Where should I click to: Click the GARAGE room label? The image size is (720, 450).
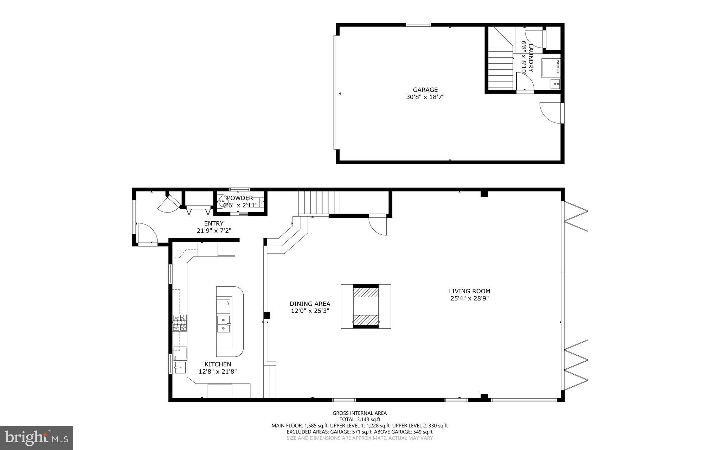coord(425,90)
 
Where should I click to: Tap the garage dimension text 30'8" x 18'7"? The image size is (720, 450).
coord(425,97)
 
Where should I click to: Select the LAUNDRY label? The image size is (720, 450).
coord(531,58)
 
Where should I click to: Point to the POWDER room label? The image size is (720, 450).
coord(240,198)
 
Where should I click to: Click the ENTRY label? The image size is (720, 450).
coord(214,223)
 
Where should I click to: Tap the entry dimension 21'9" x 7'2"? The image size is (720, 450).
coord(214,231)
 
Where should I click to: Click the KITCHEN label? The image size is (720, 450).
coord(218,364)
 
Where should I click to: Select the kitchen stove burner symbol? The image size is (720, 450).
coord(180,323)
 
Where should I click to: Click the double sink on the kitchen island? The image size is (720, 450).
coord(224,324)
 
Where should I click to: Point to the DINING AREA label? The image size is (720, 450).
coord(310,304)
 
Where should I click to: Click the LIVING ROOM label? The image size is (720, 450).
coord(469,291)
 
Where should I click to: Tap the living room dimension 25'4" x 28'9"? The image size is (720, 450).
coord(469,298)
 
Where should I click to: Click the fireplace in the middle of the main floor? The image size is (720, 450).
coord(366,306)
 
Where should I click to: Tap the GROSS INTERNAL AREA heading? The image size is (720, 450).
coord(359,413)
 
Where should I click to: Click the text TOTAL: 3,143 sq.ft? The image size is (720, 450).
coord(359,419)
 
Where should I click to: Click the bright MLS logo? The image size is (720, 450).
coord(36,438)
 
